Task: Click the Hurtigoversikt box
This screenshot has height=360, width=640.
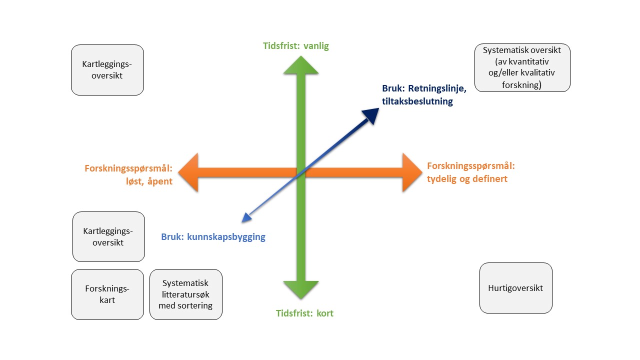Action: click(515, 288)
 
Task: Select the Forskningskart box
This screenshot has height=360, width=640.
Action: click(107, 294)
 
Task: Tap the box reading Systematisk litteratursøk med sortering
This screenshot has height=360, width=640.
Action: click(185, 294)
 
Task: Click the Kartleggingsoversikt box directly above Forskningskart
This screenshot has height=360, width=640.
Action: click(108, 236)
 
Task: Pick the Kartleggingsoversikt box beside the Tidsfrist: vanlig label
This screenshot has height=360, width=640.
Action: click(107, 70)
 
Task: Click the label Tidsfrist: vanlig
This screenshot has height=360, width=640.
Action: click(296, 46)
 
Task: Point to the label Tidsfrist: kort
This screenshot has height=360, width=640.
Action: click(304, 313)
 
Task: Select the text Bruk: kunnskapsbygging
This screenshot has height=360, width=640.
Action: click(213, 237)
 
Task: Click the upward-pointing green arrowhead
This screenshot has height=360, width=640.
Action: click(300, 65)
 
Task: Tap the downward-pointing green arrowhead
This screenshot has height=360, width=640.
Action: click(300, 290)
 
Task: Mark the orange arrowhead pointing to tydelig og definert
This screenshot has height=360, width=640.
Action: click(412, 172)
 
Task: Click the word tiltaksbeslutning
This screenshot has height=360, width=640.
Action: click(417, 101)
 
